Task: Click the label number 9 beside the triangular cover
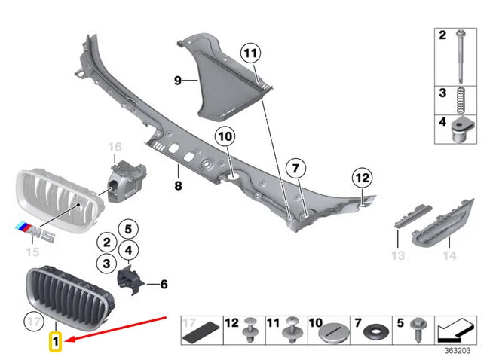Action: pyautogui.click(x=178, y=80)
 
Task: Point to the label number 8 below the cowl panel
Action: pyautogui.click(x=179, y=185)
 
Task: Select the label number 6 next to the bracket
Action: pyautogui.click(x=163, y=284)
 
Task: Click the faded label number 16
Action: pyautogui.click(x=115, y=147)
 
